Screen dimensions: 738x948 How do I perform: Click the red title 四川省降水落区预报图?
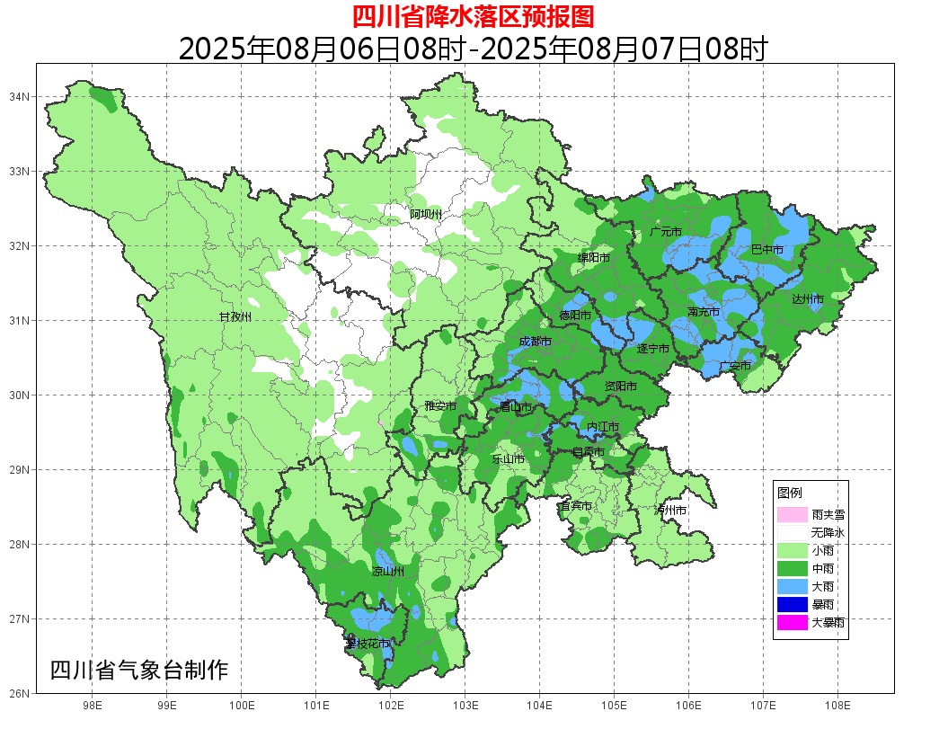(473, 16)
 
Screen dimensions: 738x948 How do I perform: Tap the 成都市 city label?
(535, 342)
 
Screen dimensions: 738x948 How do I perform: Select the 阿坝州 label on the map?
(426, 214)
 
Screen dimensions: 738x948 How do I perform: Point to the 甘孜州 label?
(235, 317)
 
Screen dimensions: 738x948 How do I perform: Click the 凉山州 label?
(388, 572)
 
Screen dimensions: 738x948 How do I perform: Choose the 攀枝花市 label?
(368, 644)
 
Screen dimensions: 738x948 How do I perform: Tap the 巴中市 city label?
(766, 250)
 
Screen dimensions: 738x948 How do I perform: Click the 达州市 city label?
(808, 298)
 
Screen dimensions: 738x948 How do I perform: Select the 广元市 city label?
(665, 232)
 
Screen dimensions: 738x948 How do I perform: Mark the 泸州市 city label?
(670, 511)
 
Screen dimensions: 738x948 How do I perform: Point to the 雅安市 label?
(440, 406)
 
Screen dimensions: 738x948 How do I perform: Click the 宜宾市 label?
(575, 506)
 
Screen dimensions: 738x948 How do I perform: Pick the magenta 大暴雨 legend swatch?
(793, 622)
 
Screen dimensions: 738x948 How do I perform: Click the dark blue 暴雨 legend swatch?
(793, 604)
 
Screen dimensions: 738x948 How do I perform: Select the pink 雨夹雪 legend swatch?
(793, 515)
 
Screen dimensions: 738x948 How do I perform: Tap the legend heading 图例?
(790, 493)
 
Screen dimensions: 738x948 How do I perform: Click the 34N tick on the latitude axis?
(20, 96)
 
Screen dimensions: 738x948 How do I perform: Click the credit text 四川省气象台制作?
(139, 671)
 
